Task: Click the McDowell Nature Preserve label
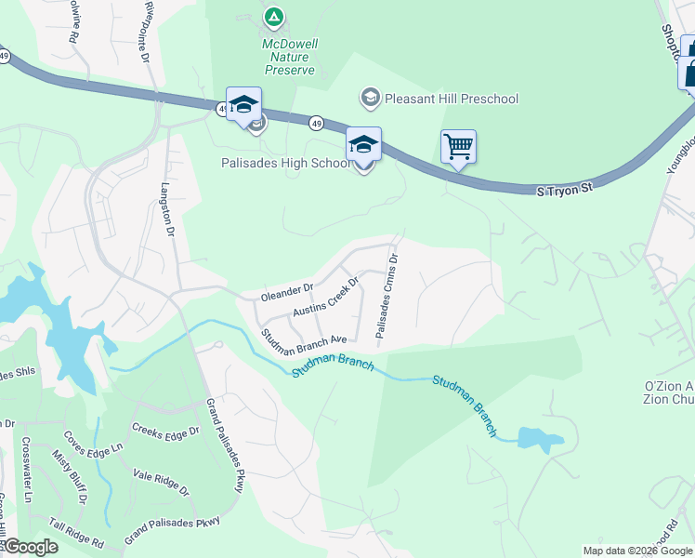(288, 56)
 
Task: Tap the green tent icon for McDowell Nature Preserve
(273, 17)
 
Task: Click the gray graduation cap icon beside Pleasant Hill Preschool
(370, 98)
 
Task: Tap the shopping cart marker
(458, 146)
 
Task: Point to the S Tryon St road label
(564, 189)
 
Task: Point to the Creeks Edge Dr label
(166, 432)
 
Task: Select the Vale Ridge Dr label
(161, 483)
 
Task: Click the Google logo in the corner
(31, 547)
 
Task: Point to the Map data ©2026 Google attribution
(636, 551)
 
